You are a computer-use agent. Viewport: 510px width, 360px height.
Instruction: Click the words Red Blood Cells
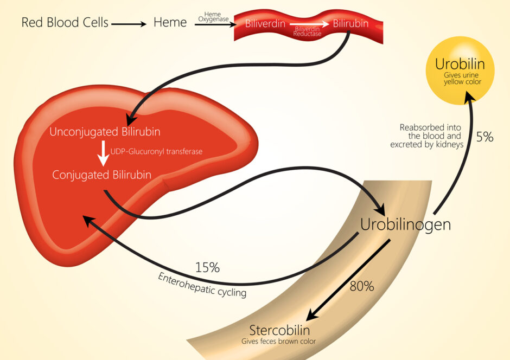(x=65, y=23)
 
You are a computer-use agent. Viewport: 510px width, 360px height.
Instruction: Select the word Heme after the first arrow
(x=170, y=23)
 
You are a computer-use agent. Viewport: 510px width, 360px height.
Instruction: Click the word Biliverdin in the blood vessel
(x=265, y=24)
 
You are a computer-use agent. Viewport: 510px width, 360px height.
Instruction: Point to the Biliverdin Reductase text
(x=308, y=30)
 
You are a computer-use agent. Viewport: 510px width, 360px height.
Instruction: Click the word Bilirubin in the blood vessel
(x=350, y=24)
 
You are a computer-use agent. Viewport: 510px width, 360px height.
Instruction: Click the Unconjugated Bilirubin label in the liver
(x=105, y=132)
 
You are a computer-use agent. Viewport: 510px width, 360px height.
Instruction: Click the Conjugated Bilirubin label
(x=101, y=175)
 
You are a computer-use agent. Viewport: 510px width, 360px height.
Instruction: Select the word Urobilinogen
(x=406, y=224)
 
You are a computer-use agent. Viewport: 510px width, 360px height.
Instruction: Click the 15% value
(x=207, y=267)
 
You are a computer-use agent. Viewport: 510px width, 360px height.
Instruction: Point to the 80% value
(x=361, y=287)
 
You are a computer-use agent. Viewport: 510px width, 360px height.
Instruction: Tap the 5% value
(x=484, y=138)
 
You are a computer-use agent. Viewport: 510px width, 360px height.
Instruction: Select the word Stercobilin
(x=279, y=330)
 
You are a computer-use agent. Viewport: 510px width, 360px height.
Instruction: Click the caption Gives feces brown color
(x=278, y=342)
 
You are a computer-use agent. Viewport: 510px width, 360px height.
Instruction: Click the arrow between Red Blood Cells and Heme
(x=129, y=23)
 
